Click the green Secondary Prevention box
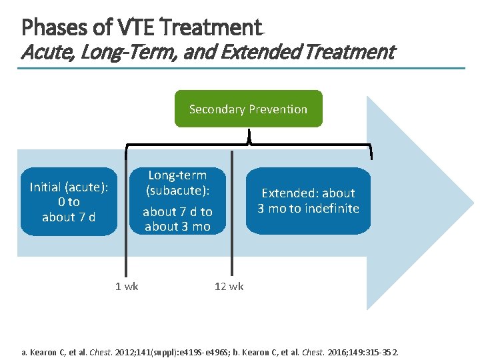[248, 109]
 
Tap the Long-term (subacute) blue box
[177, 201]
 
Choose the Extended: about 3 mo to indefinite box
[308, 201]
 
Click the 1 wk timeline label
[127, 286]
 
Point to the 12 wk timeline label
[229, 286]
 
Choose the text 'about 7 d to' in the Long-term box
[177, 211]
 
